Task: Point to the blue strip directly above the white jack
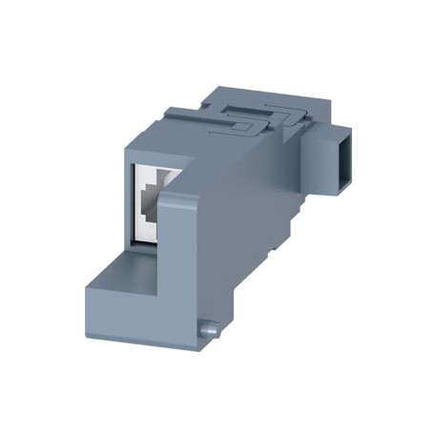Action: point(150,153)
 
